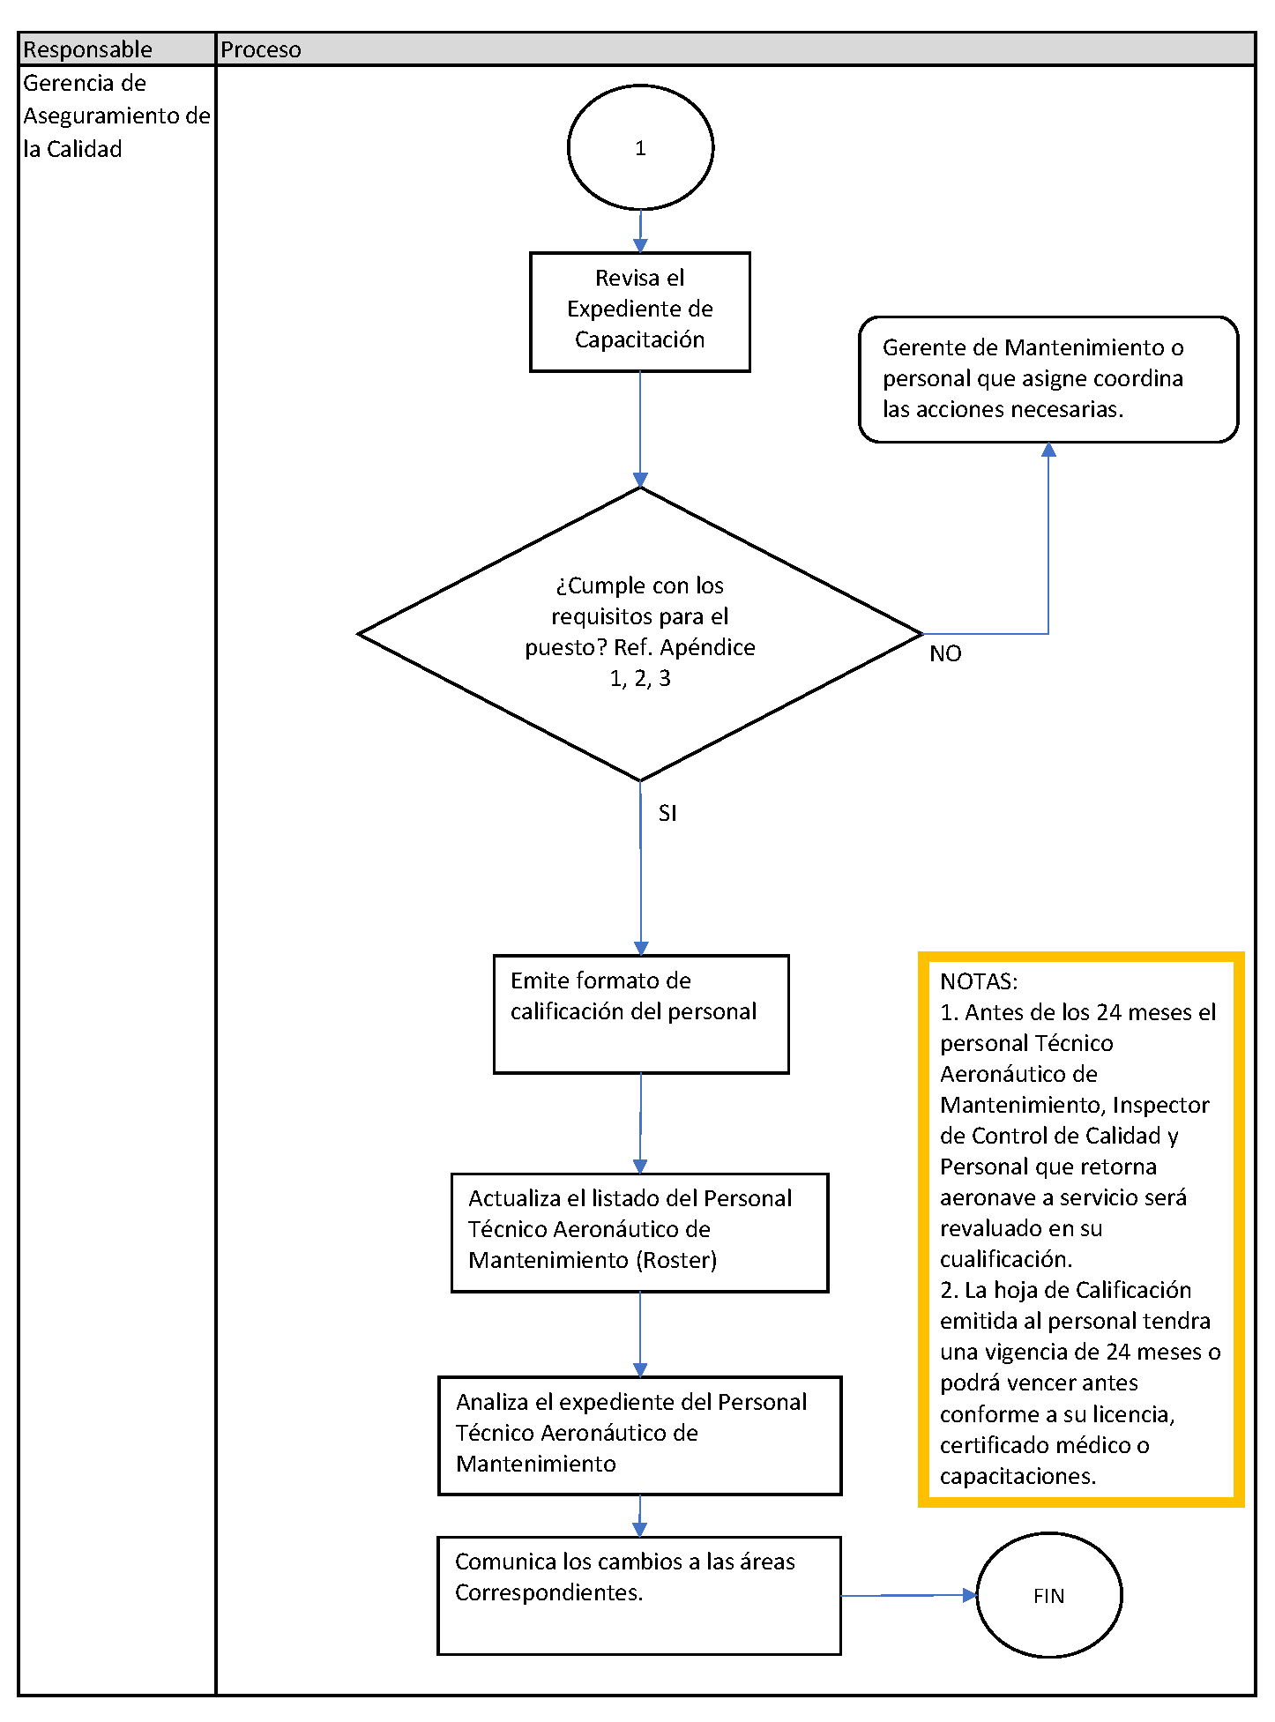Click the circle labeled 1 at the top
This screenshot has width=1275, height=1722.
pos(640,147)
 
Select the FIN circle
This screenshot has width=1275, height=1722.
pos(1048,1595)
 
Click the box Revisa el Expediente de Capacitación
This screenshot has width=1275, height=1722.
pos(640,311)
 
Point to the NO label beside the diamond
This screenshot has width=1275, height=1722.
pos(945,653)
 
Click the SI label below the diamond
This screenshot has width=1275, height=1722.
pos(667,813)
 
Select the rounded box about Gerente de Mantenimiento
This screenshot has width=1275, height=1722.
pos(1048,378)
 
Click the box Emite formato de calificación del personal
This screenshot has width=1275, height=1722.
pos(640,1014)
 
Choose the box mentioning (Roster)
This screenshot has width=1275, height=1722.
pos(639,1232)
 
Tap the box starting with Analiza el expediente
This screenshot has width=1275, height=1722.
pos(639,1435)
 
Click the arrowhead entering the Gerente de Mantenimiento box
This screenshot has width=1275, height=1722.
pos(1048,450)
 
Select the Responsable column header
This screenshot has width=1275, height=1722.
pos(88,49)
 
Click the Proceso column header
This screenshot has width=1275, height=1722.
pos(261,49)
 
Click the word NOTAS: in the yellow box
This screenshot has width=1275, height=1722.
pos(979,981)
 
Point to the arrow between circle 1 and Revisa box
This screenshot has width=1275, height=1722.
pos(640,232)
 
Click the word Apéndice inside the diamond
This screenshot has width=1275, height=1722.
pos(707,647)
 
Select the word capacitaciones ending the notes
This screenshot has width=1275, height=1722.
pos(1017,1476)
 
